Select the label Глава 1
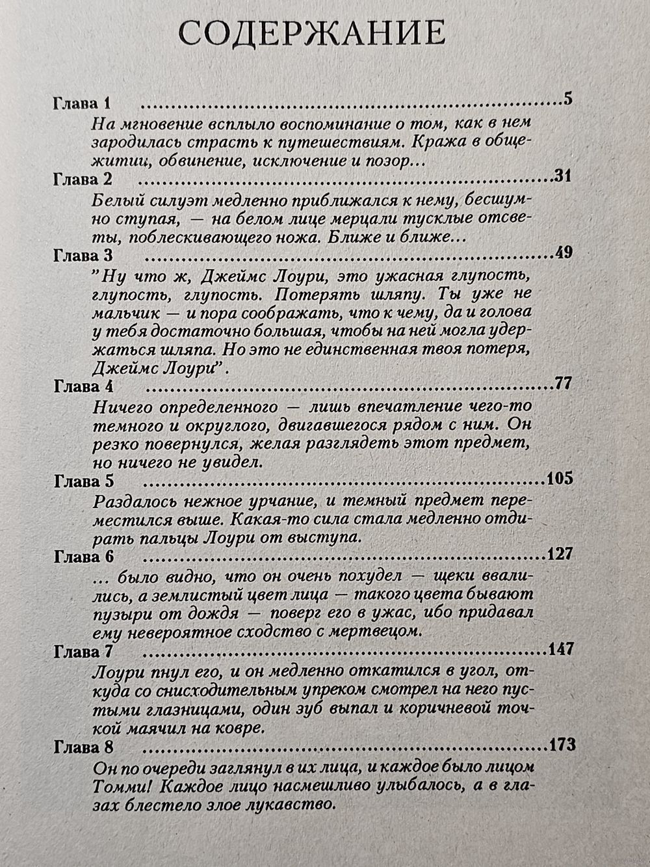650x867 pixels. [x=83, y=104]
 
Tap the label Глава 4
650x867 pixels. [x=83, y=386]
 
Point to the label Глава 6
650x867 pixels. [x=84, y=557]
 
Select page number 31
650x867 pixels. [x=562, y=176]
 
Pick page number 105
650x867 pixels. [x=560, y=479]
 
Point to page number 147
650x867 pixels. [x=560, y=649]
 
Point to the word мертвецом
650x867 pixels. [x=378, y=630]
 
